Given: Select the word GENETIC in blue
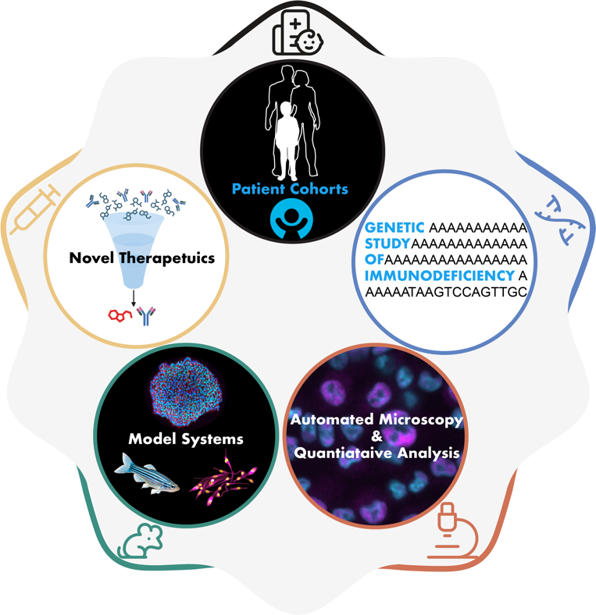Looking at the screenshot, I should [x=394, y=227].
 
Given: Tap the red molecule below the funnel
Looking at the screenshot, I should [x=120, y=315].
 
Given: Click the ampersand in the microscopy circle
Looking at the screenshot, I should [x=373, y=435].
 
